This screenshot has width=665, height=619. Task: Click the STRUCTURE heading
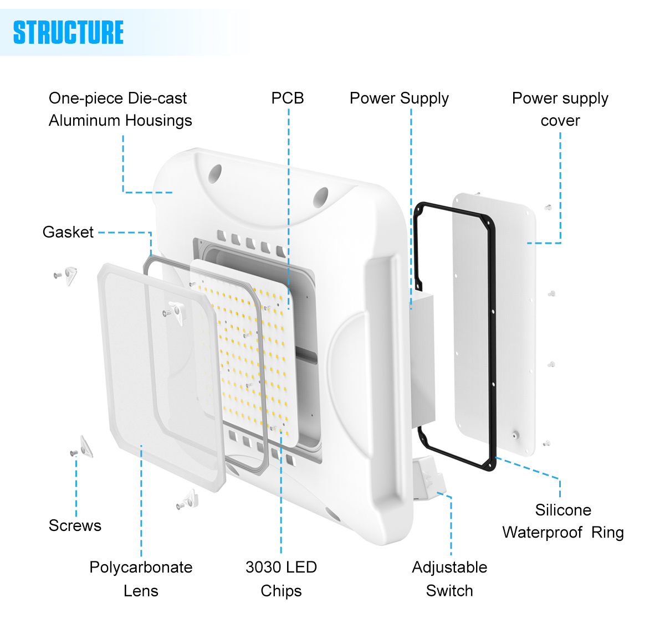point(68,33)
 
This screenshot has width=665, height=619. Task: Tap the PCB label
point(288,99)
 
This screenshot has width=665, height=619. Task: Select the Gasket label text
point(68,232)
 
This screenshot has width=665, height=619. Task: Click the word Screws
point(75,525)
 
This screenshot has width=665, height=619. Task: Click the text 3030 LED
point(282,568)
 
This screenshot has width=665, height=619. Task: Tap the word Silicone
point(563,510)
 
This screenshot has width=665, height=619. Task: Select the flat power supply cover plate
point(494,324)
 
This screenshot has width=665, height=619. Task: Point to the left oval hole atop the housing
point(215,174)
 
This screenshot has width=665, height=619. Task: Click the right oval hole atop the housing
point(320,197)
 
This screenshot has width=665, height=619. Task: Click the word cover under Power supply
point(560,121)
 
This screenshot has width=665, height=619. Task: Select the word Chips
point(282,591)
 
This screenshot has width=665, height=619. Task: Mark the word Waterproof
point(543,533)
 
